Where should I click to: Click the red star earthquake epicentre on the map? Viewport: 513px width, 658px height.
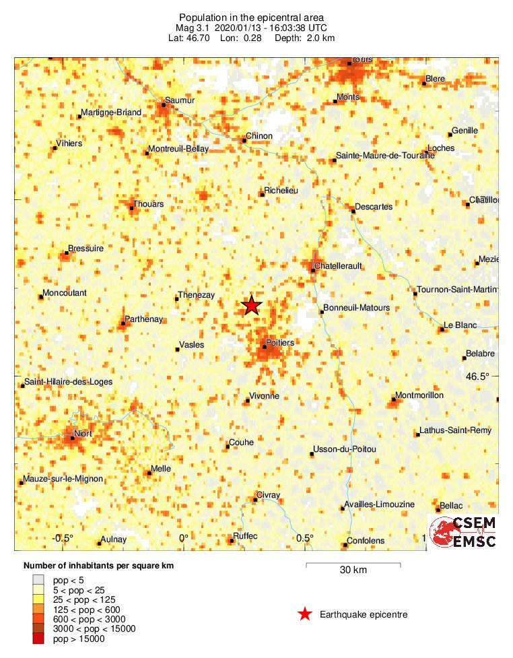click(251, 306)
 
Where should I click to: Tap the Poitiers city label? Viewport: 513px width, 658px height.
click(280, 343)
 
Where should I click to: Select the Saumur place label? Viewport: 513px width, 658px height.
click(180, 100)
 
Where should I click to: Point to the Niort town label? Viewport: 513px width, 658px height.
click(83, 434)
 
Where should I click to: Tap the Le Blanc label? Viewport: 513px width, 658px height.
click(460, 325)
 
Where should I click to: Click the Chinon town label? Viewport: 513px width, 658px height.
click(259, 136)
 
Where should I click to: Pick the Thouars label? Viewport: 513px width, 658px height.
click(148, 203)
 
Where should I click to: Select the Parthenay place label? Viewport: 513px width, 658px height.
click(144, 319)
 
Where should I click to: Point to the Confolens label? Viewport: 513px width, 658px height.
click(366, 541)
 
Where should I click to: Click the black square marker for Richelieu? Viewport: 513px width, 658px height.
click(262, 195)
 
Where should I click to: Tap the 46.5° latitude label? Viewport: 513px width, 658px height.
click(477, 376)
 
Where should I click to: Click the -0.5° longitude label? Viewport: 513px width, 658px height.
click(63, 538)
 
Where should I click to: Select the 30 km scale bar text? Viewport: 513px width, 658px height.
click(353, 570)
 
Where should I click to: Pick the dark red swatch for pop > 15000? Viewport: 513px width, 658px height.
click(39, 638)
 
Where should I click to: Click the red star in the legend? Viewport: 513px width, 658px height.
click(305, 614)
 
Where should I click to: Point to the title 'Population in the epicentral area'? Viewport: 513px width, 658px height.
click(251, 17)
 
